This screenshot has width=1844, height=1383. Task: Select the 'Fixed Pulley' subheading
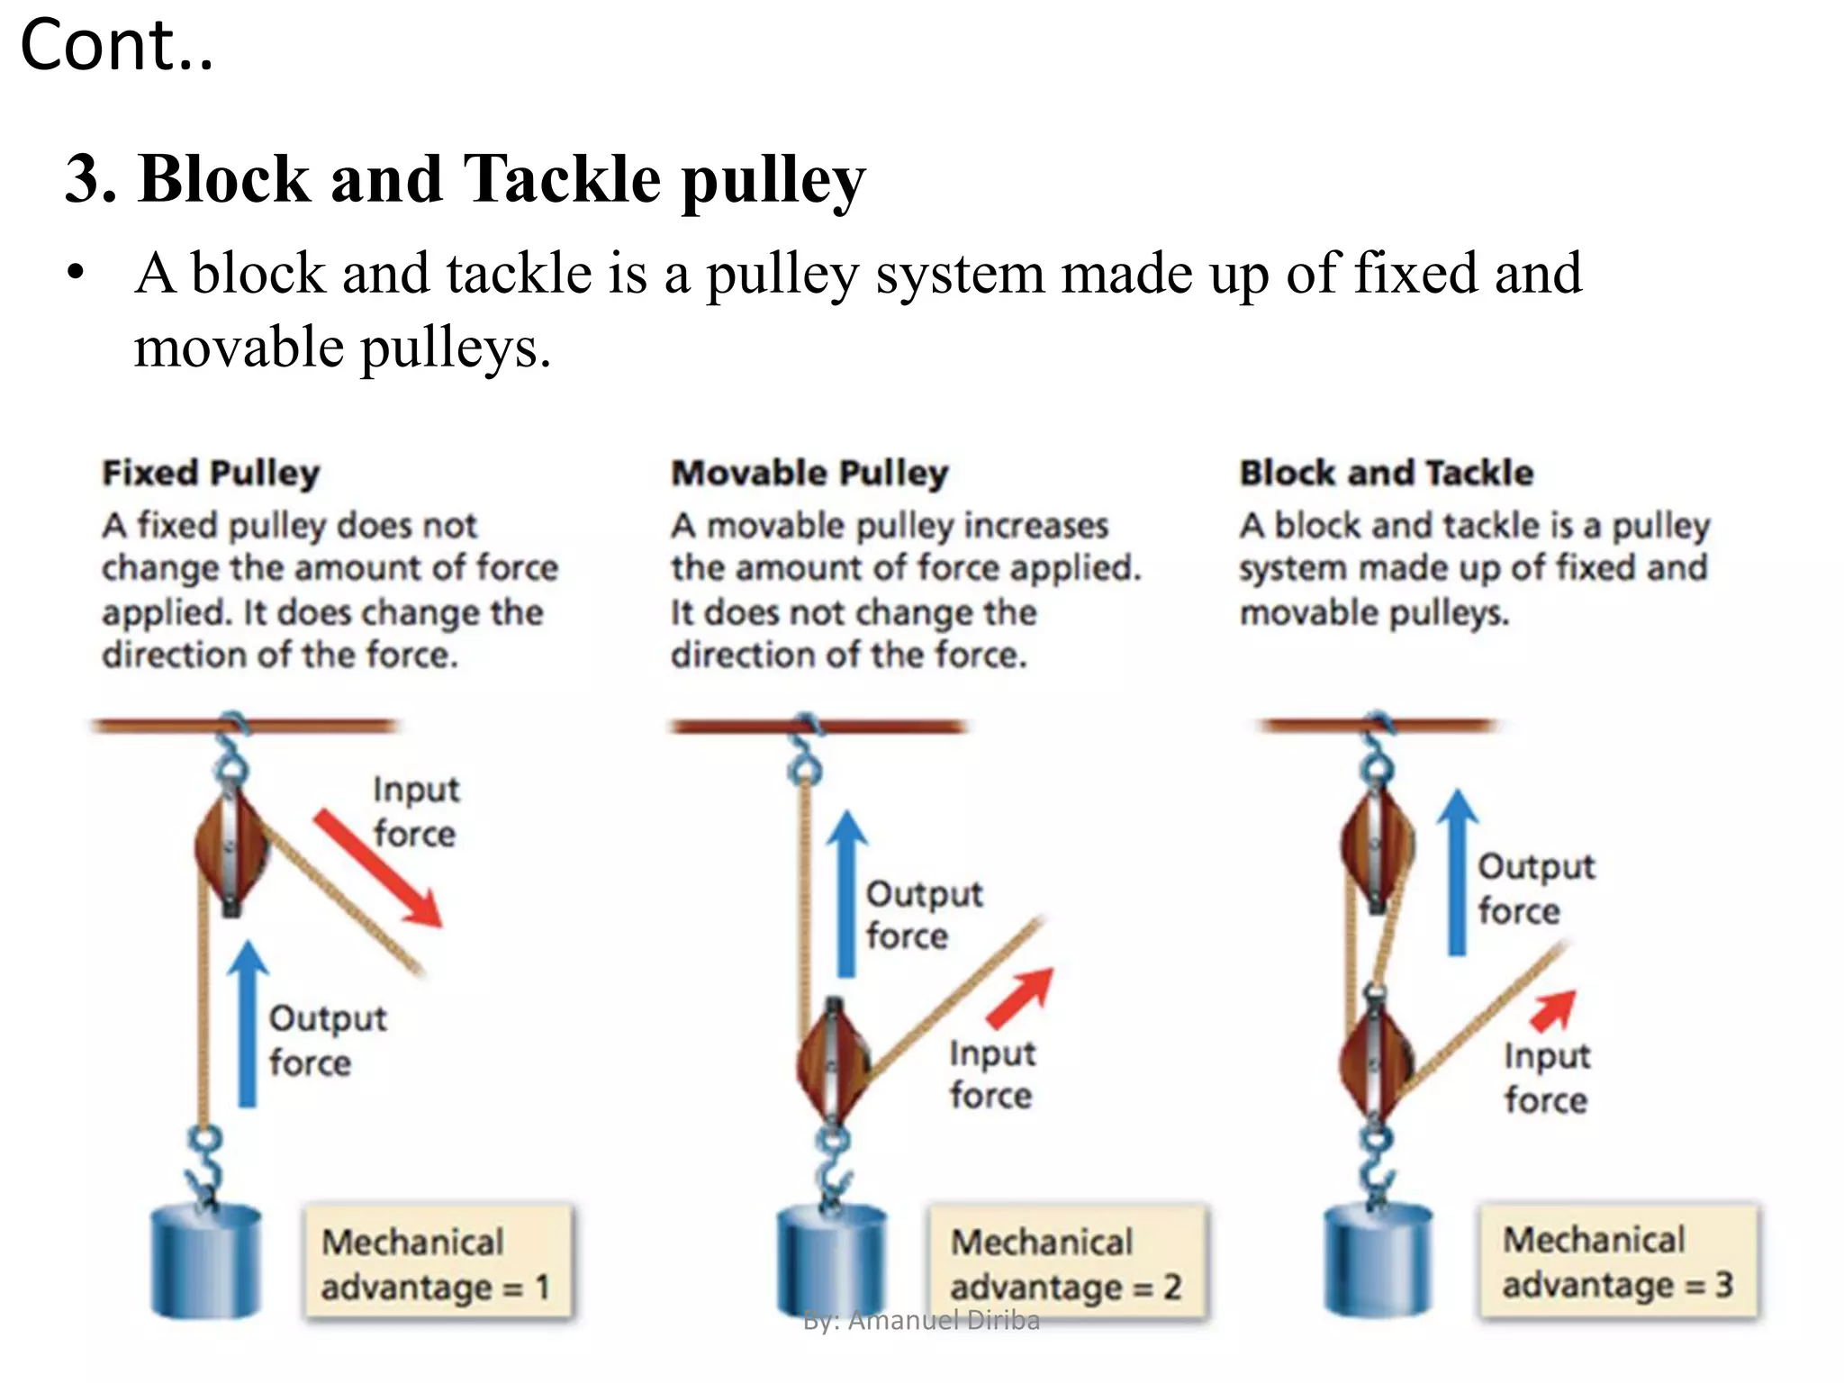coord(211,473)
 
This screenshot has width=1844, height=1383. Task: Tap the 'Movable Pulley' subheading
coord(809,473)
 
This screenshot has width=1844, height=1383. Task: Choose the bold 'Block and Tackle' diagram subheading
coord(1386,473)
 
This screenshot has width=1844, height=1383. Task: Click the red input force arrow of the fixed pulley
coord(378,869)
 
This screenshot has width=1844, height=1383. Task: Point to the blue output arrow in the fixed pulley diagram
coord(248,1026)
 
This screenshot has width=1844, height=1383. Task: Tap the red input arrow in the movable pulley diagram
coord(1022,998)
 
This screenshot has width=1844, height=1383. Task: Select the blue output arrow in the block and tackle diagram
coord(1457,873)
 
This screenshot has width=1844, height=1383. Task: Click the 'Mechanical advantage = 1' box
coord(438,1263)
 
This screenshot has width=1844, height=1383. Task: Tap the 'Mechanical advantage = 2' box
coord(1067,1263)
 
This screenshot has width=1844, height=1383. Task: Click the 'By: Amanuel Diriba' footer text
coord(921,1321)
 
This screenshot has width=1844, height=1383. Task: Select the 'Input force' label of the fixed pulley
coord(415,811)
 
